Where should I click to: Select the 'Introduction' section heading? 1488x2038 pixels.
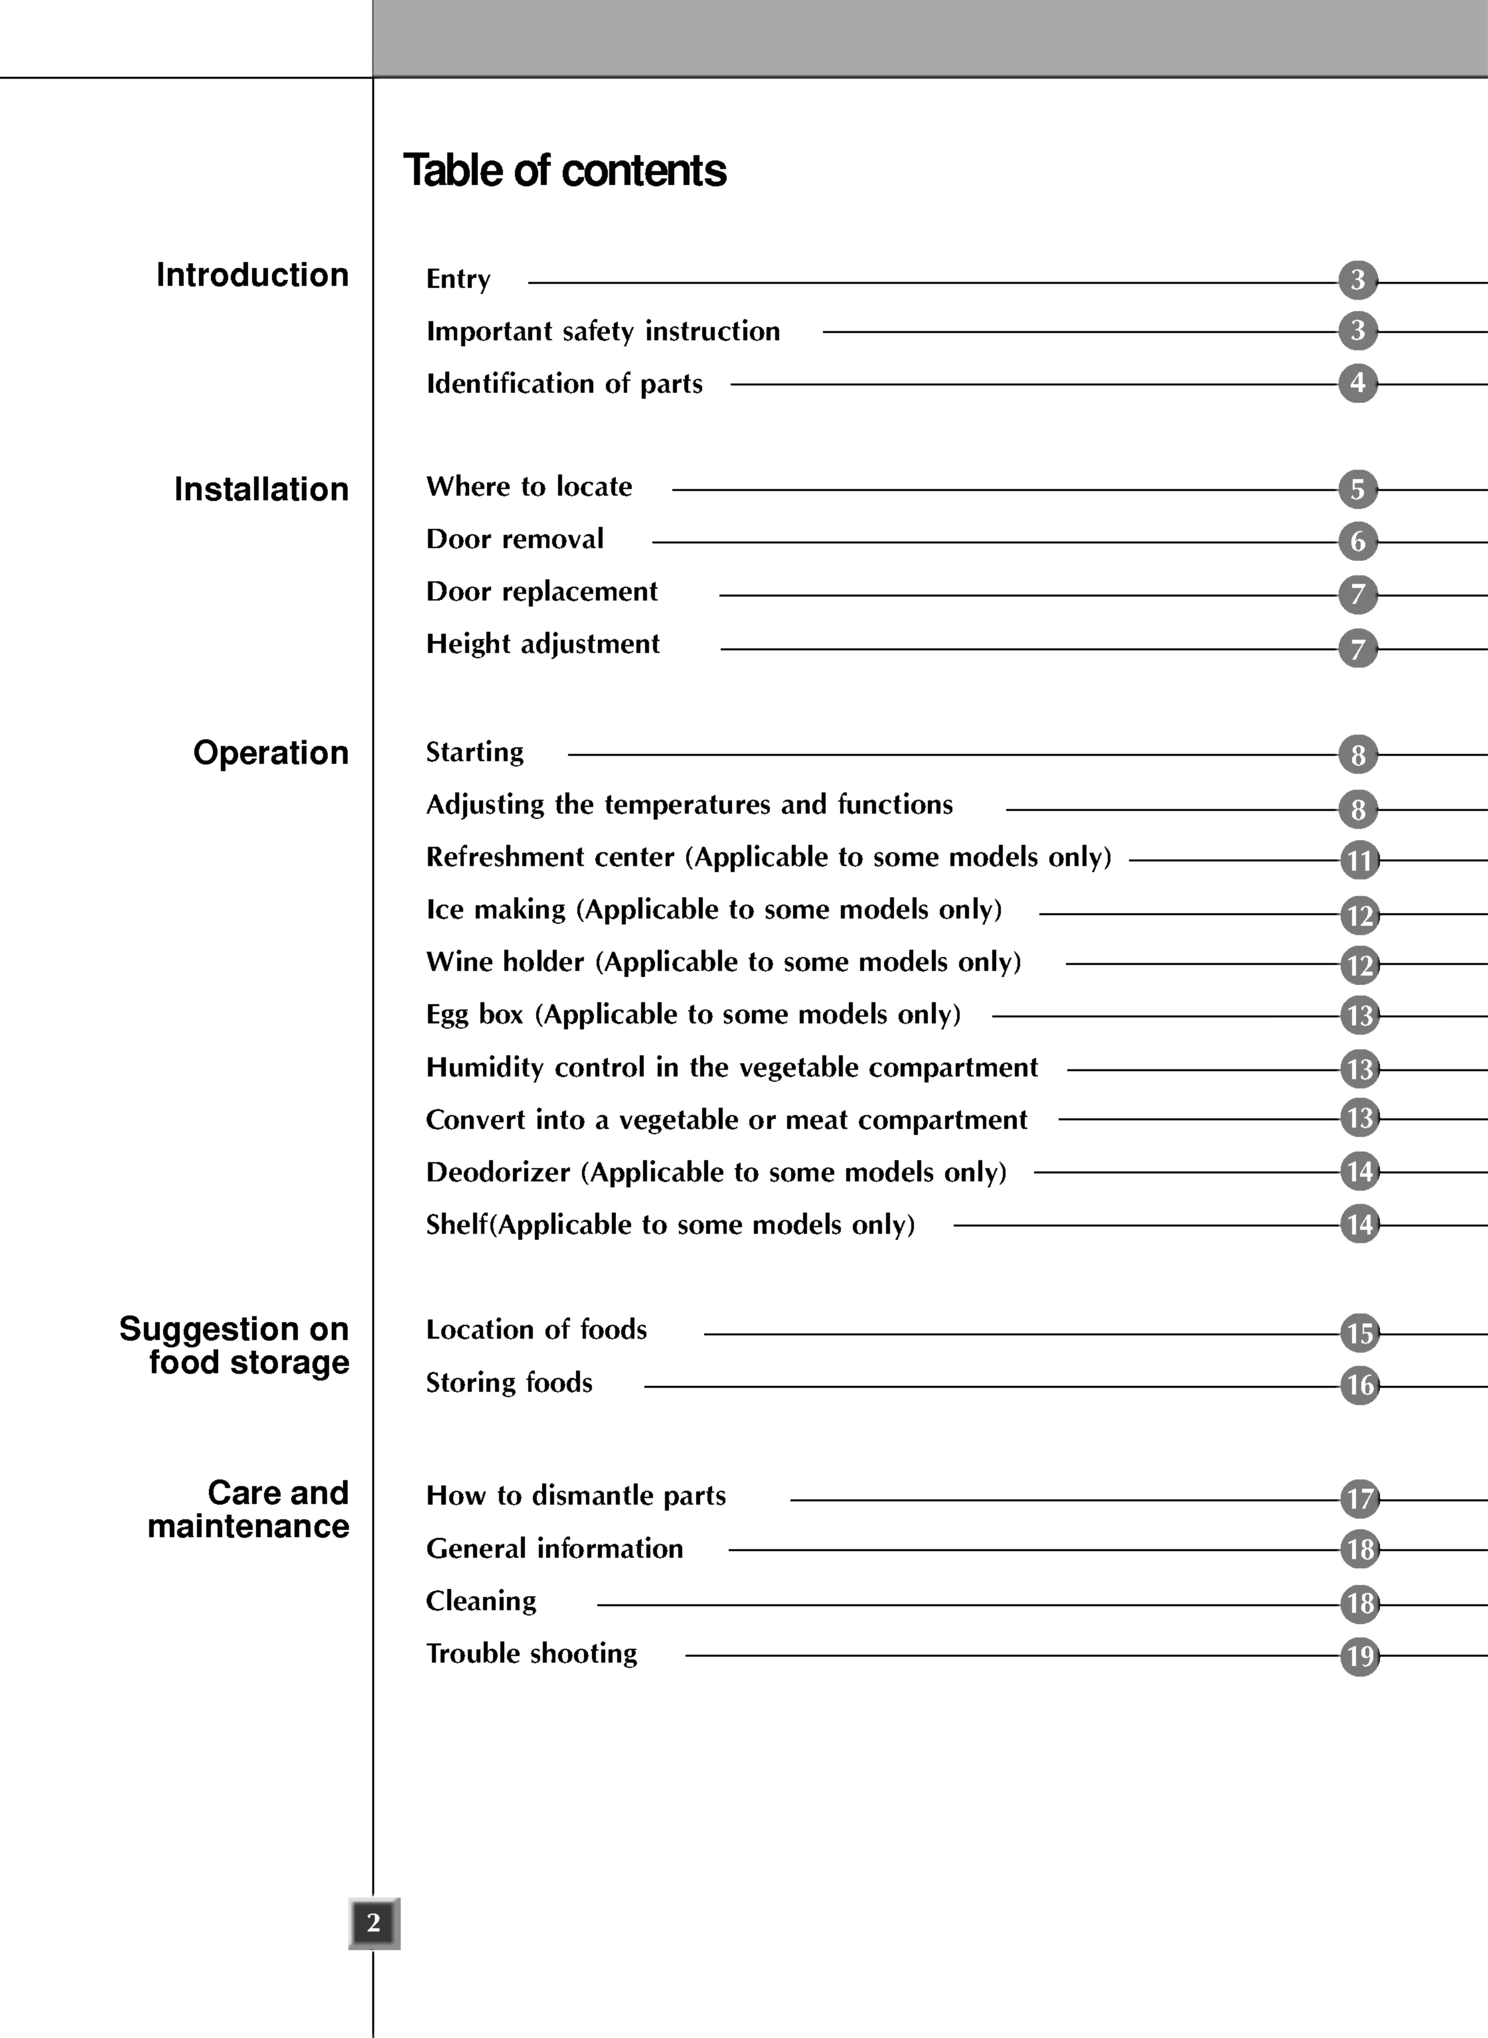pyautogui.click(x=252, y=275)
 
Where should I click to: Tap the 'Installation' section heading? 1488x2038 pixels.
pyautogui.click(x=261, y=489)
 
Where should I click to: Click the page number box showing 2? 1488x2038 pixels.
pyautogui.click(x=374, y=1923)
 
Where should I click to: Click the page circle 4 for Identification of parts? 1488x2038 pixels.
pyautogui.click(x=1357, y=384)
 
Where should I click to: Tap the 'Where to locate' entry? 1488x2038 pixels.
pyautogui.click(x=529, y=486)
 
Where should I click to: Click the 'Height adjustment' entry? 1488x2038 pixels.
pyautogui.click(x=542, y=644)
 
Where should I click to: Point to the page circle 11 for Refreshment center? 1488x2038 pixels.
pyautogui.click(x=1359, y=860)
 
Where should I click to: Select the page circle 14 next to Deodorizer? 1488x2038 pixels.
pyautogui.click(x=1359, y=1172)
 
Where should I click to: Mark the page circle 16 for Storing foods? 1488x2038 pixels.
pyautogui.click(x=1359, y=1385)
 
